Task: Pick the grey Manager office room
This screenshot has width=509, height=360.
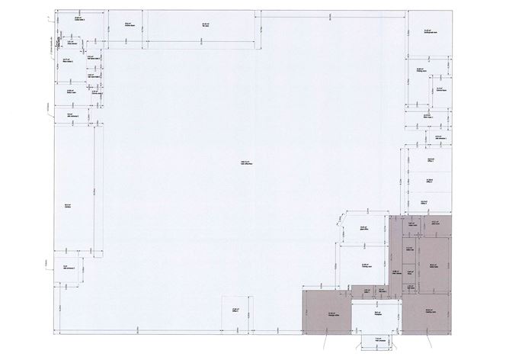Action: (326, 313)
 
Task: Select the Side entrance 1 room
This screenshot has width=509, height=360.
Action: (70, 116)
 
